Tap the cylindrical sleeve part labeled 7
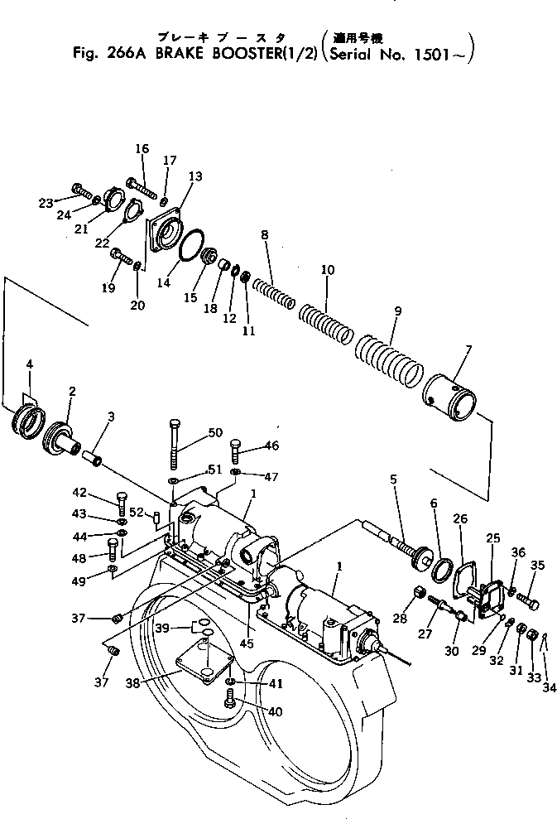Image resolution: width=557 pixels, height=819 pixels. (450, 397)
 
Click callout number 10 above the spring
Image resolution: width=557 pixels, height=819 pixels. (328, 270)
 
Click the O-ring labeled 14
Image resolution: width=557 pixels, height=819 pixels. (191, 246)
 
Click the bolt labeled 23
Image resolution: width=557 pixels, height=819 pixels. (80, 192)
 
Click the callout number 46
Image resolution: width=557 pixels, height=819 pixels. (271, 446)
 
